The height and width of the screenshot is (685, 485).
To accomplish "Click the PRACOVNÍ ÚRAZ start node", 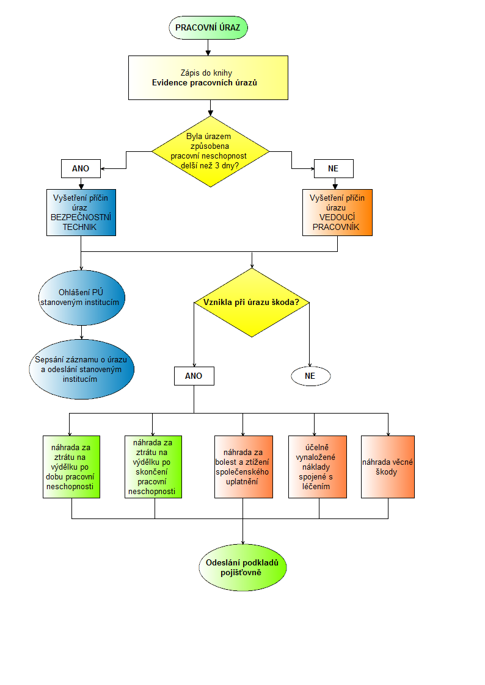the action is pos(208,27).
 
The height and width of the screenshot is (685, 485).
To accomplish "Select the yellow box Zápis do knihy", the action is pos(208,77).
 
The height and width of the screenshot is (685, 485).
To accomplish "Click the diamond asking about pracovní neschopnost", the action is pos(210,151).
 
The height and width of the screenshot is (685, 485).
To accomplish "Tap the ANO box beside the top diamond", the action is pos(81,168).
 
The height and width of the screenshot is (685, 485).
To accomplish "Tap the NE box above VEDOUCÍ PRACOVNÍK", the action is pos(334,168).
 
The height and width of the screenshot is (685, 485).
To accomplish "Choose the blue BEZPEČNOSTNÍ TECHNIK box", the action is pos(81,212).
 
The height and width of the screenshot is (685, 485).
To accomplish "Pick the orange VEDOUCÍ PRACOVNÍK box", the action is pos(337,212).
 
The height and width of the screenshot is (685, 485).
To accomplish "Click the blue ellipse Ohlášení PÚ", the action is pos(82,298).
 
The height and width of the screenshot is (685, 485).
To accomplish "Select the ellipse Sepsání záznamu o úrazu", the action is pos(82,369).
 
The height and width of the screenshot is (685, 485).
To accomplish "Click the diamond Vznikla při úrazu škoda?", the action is pos(252,303).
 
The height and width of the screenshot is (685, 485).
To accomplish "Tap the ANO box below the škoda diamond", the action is pos(194,376).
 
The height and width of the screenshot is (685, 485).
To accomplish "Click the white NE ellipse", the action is pos(311,376).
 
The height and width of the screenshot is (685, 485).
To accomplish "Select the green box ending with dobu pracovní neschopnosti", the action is pos(71,467).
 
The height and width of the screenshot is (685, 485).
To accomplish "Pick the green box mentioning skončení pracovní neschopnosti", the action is pos(153,467).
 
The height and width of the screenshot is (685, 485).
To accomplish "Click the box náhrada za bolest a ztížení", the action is pos(244,467).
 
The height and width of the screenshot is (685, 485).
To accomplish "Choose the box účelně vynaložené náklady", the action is pos(318,467).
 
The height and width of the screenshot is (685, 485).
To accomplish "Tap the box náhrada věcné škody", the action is pos(388,467).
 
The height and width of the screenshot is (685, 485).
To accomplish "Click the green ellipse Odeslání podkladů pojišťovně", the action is pos(242,567).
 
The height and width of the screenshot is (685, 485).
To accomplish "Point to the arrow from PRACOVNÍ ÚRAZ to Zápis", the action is pos(208,48).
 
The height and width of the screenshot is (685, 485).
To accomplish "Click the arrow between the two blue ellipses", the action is pos(82,332).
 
